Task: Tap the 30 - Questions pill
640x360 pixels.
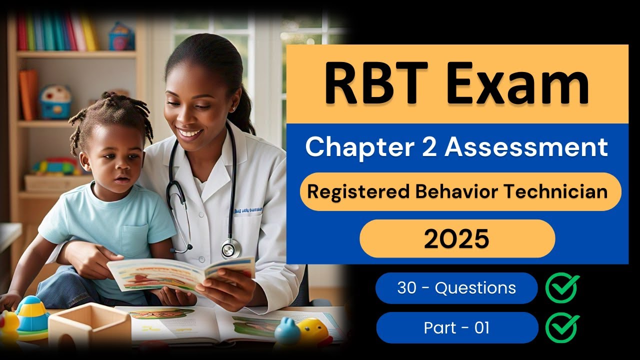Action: pyautogui.click(x=456, y=288)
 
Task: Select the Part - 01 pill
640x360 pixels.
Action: pyautogui.click(x=456, y=328)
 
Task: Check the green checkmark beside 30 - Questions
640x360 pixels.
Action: pyautogui.click(x=562, y=288)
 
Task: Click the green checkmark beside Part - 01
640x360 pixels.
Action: pyautogui.click(x=562, y=328)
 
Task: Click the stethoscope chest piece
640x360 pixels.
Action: pyautogui.click(x=230, y=247)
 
